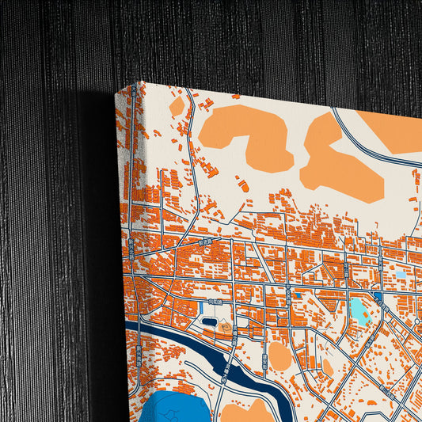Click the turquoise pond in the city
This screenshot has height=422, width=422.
[x=359, y=310]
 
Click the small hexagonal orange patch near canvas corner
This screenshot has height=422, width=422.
[x=177, y=105]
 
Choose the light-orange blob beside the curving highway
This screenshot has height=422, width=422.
[x=340, y=159]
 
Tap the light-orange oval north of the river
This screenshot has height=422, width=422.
[x=279, y=355]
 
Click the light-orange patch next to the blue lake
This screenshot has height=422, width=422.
[x=245, y=412]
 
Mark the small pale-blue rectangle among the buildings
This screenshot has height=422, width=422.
[x=401, y=275]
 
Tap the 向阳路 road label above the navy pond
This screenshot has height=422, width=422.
[x=215, y=302]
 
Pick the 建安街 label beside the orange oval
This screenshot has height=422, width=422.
[x=264, y=367]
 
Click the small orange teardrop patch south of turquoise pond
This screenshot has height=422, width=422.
[x=328, y=366]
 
